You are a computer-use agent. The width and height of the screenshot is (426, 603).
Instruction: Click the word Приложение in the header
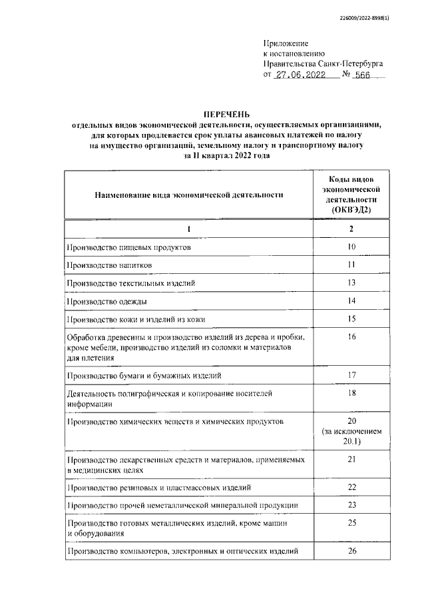pyautogui.click(x=286, y=43)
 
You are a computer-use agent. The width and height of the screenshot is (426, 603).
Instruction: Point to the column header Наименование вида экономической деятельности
pyautogui.click(x=188, y=195)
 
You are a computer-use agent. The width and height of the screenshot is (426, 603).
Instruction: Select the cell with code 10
pyautogui.click(x=351, y=247)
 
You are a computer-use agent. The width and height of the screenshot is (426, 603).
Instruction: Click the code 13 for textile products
pyautogui.click(x=351, y=283)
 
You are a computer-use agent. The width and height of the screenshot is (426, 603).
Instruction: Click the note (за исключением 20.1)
pyautogui.click(x=351, y=436)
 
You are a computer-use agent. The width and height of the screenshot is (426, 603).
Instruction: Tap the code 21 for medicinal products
pyautogui.click(x=351, y=460)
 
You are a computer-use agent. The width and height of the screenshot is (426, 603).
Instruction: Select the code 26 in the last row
pyautogui.click(x=351, y=551)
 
